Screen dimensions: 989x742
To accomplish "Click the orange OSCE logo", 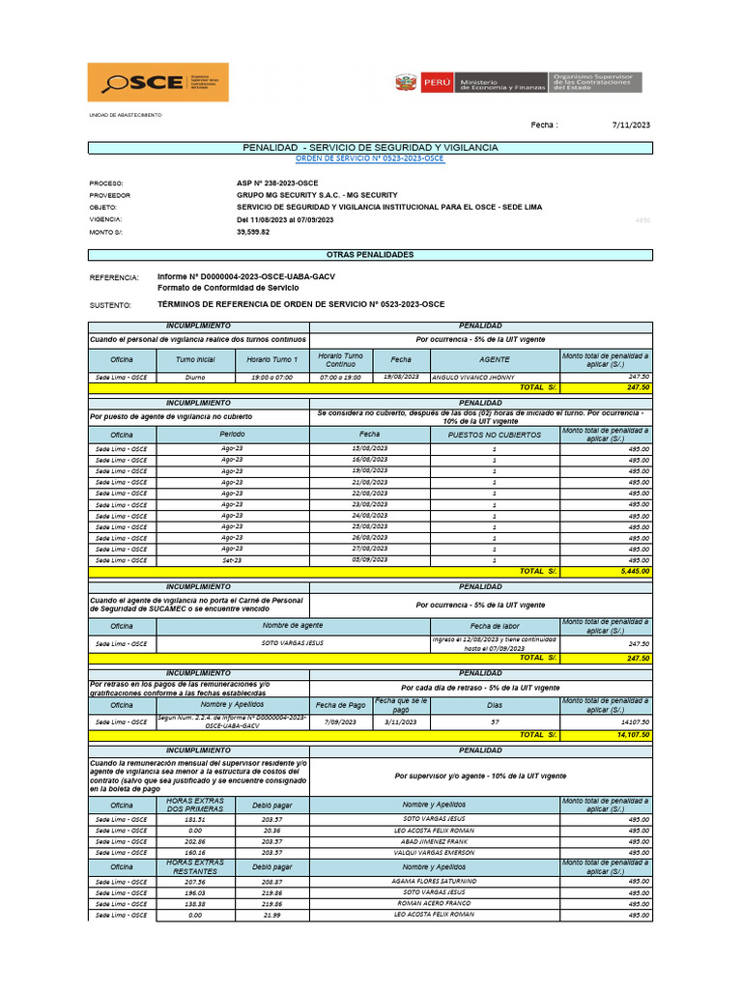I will [x=158, y=82].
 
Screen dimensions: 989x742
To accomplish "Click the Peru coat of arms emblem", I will [x=406, y=83].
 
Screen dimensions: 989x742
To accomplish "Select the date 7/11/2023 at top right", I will [x=632, y=125].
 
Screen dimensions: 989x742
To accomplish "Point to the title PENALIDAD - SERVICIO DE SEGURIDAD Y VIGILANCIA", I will [x=370, y=147].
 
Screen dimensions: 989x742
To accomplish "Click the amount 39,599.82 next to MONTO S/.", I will [x=253, y=232].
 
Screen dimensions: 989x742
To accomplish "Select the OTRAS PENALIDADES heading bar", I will [x=370, y=254].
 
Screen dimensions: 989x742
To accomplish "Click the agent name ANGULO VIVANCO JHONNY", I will [x=473, y=378].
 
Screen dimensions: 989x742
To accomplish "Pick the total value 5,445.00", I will [x=635, y=571].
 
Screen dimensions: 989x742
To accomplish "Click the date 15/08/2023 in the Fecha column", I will [x=370, y=449].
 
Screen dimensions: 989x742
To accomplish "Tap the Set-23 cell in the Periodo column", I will [x=232, y=560].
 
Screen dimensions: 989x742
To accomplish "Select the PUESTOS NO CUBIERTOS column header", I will [x=495, y=435].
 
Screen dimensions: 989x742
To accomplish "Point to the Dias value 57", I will [x=495, y=721].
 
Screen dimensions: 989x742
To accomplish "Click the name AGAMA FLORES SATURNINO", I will [x=434, y=881].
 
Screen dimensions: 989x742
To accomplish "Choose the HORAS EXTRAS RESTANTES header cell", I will [x=195, y=866].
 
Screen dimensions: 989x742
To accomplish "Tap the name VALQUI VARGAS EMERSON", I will [x=434, y=853].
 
